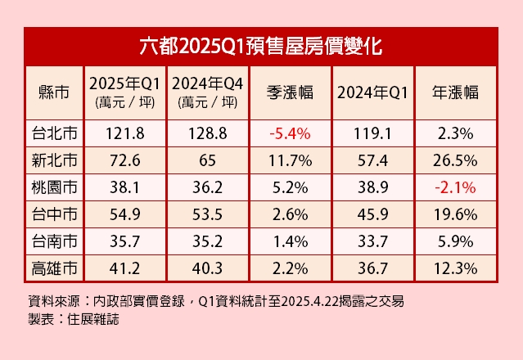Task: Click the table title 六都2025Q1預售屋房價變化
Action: point(261,44)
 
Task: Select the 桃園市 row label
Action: point(53,186)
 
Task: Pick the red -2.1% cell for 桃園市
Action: point(455,186)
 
